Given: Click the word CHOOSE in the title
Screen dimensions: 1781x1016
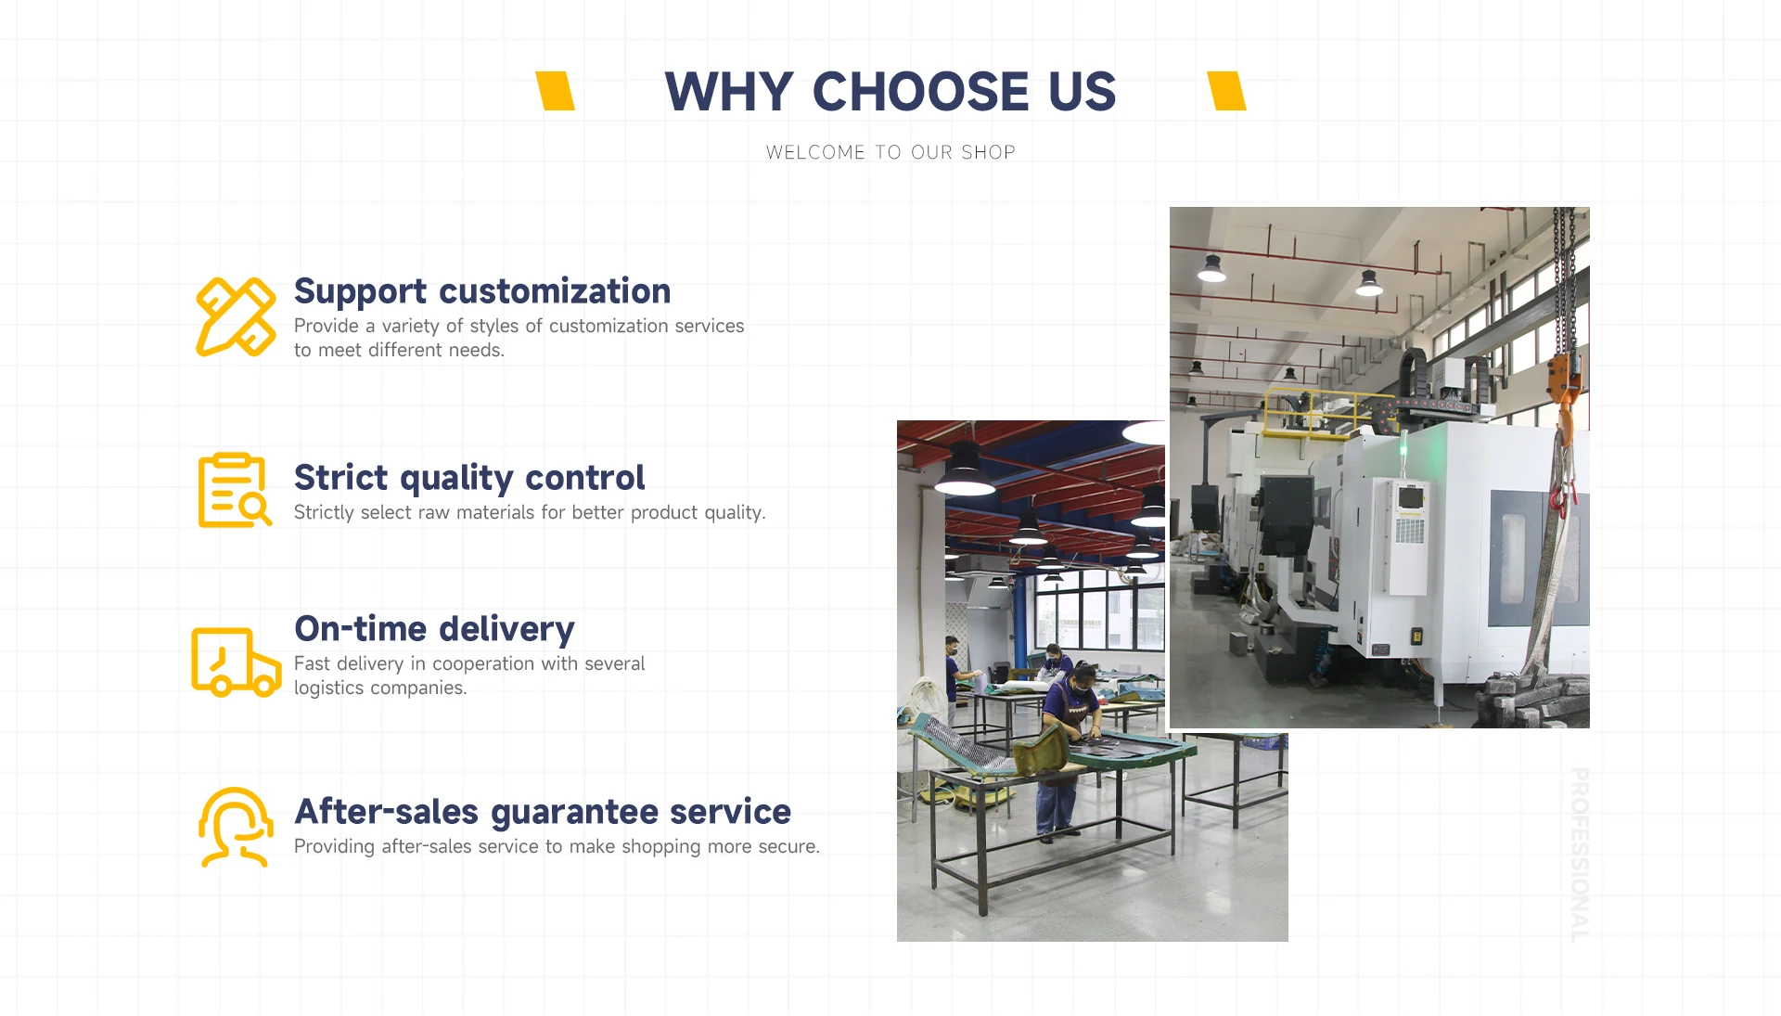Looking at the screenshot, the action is pos(920,92).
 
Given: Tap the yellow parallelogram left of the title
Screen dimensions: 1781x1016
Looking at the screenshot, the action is pos(556,91).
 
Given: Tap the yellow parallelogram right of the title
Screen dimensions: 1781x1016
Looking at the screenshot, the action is pos(1227,91).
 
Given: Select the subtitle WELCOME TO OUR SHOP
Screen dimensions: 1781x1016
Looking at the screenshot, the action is pos(890,152).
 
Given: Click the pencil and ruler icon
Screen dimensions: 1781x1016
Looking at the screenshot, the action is pos(236,316).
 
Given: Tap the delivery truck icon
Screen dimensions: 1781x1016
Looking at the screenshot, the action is pos(237,662).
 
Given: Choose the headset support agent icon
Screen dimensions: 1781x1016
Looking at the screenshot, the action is pos(236,827).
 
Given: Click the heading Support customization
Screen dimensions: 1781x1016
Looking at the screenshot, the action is pos(482,292).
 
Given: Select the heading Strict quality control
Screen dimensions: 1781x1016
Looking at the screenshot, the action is pos(469,479).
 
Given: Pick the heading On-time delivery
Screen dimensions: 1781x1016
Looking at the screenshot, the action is pos(434,630).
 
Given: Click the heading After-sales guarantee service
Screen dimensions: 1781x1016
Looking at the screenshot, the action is pos(543,813).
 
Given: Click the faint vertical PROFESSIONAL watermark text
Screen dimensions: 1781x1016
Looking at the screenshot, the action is pos(1579,855).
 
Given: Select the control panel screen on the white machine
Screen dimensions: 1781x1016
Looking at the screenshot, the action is pos(1410,499).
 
